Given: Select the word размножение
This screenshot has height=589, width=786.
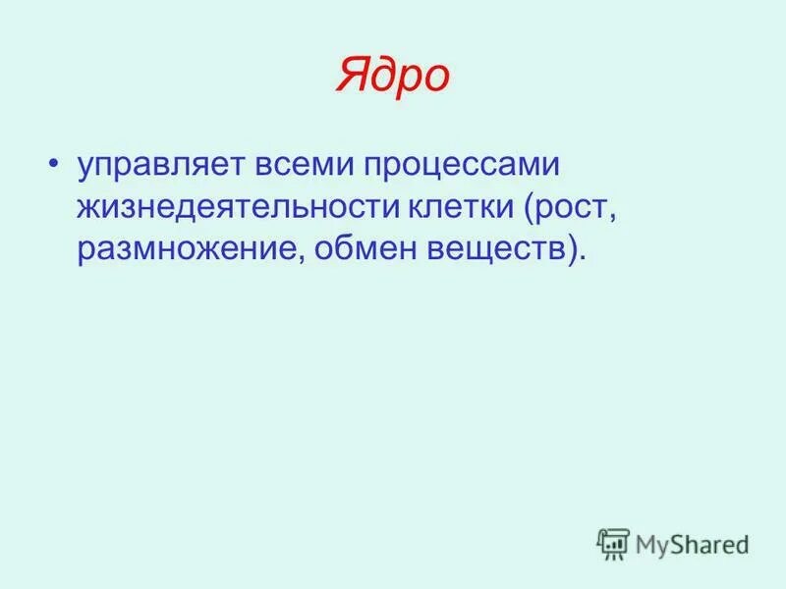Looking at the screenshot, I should coord(194,249).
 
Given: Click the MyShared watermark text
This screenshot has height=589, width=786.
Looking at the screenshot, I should coord(692,543).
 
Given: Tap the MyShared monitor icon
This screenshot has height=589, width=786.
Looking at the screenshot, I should coord(613,544).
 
